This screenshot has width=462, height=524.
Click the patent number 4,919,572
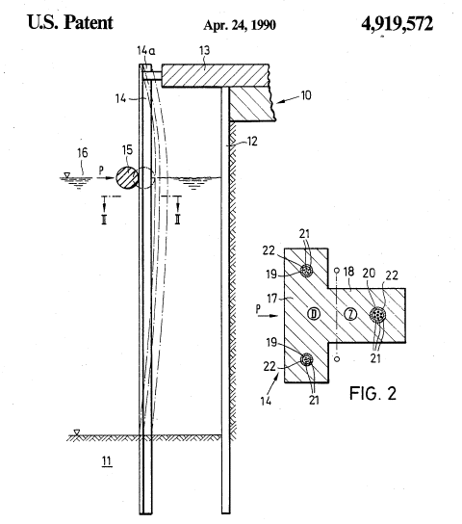(397, 24)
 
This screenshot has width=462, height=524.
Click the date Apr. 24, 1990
(240, 25)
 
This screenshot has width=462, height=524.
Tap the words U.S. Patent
(70, 22)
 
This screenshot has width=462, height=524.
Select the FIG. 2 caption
(372, 393)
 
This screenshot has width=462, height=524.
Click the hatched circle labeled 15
(127, 178)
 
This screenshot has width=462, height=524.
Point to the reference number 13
(205, 50)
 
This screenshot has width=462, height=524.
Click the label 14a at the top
(146, 51)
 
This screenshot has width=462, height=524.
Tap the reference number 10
(306, 95)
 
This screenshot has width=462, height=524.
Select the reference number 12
(252, 142)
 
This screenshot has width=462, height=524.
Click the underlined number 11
(107, 461)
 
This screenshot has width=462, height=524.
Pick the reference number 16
(83, 153)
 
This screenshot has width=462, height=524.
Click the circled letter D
(314, 313)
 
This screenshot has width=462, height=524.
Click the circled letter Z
(350, 314)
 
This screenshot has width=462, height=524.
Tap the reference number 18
(348, 272)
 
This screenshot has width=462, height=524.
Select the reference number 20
(369, 274)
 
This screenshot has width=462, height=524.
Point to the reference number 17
(272, 298)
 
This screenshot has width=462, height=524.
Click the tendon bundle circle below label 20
(378, 314)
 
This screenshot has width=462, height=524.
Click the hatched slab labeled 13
(216, 75)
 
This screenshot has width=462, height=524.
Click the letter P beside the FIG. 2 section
(258, 309)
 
